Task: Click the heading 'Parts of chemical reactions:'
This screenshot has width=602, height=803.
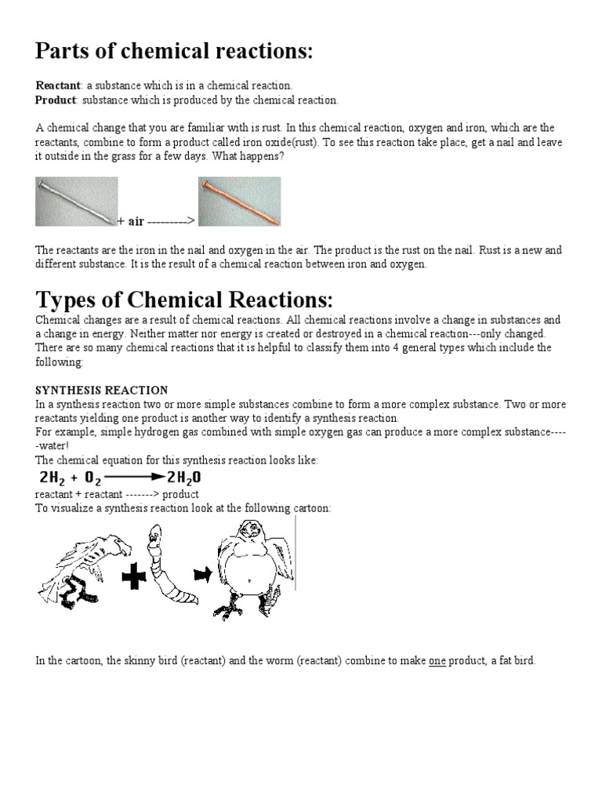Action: (174, 52)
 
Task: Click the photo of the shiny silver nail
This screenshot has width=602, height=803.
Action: (77, 201)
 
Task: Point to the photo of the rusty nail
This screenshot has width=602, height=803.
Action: (239, 201)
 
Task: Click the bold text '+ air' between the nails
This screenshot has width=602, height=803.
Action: (131, 221)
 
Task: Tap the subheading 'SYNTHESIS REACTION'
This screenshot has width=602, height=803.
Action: (102, 390)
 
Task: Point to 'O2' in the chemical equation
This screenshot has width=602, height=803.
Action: (95, 478)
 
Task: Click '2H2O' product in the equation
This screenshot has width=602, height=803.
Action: (184, 478)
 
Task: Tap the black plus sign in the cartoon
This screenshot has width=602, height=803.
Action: (136, 578)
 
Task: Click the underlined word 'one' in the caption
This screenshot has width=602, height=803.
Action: (437, 661)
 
